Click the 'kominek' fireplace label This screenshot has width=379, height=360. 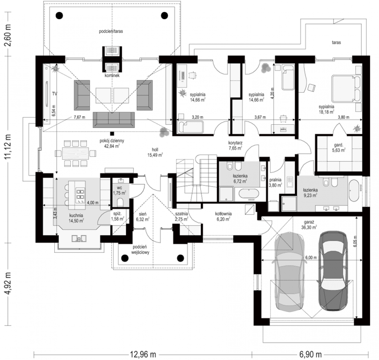112,75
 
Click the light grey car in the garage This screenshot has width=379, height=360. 290,272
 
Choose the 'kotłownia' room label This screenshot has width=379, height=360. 223,214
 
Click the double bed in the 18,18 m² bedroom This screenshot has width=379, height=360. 346,89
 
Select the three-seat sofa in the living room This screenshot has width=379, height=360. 114,120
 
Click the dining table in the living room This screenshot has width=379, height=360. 75,153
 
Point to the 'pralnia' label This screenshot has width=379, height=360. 275,180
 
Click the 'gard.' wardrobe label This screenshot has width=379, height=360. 339,145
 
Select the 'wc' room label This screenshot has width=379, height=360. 119,188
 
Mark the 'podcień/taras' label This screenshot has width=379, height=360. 111,31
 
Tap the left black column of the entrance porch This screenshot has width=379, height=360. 125,258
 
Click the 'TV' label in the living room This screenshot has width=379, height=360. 55,94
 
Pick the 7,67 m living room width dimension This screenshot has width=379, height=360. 79,117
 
